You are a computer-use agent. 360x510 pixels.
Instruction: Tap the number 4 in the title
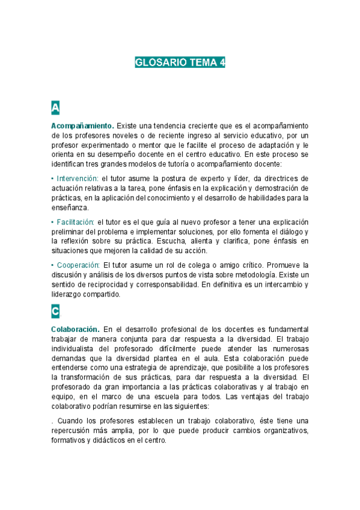pyautogui.click(x=221, y=63)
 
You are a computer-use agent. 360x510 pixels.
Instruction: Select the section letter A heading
pyautogui.click(x=55, y=108)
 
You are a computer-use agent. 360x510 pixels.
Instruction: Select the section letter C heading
pyautogui.click(x=55, y=312)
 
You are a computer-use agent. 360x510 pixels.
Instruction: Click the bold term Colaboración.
pyautogui.click(x=75, y=329)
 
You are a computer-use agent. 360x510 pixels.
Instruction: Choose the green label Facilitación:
pyautogui.click(x=75, y=221)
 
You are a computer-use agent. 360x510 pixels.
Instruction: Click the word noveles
pyautogui.click(x=118, y=135)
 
